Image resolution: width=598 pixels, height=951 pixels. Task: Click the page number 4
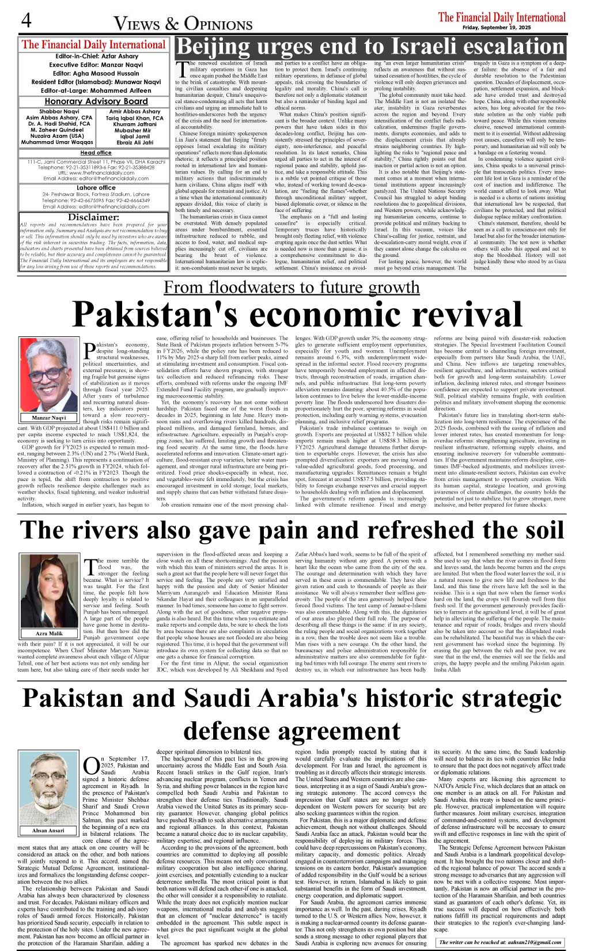(x=26, y=20)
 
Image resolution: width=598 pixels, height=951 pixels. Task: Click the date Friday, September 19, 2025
(x=496, y=28)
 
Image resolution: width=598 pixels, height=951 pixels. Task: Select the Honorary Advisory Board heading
(x=92, y=101)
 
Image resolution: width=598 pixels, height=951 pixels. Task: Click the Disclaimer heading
(x=93, y=217)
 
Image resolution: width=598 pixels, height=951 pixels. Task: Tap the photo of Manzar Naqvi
(x=48, y=374)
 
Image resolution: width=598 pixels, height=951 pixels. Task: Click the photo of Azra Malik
(x=49, y=591)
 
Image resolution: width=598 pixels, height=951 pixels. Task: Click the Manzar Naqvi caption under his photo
(x=49, y=418)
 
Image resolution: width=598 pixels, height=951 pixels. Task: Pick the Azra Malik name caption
(x=49, y=634)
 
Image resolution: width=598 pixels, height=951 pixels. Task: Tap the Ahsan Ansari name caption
(x=48, y=831)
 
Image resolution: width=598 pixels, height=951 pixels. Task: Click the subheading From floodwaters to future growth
(x=292, y=287)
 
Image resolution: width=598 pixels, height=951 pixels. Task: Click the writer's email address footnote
(x=500, y=942)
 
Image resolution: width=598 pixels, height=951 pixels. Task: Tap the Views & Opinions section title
(x=183, y=24)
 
